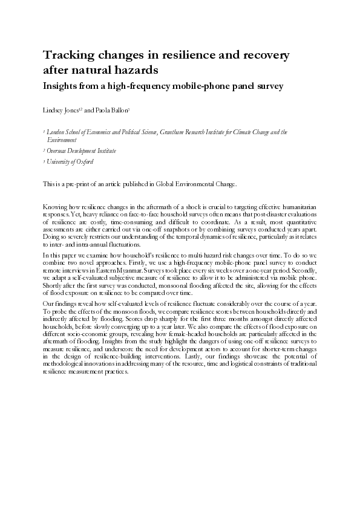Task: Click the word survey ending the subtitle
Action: coord(267,86)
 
